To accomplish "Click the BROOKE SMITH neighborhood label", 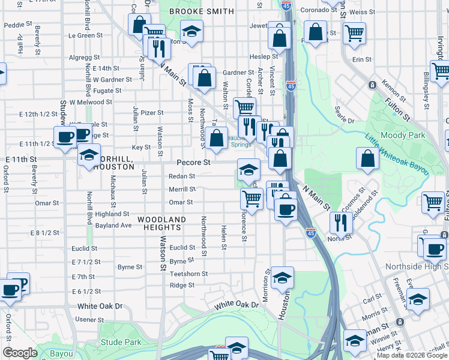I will click(x=201, y=11).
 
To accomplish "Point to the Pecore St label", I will click(x=193, y=163).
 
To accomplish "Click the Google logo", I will click(x=20, y=353).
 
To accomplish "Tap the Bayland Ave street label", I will click(x=113, y=226).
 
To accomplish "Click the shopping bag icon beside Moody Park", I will click(x=367, y=158).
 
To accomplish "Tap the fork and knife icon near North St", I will click(x=341, y=223).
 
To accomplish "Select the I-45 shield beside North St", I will click(x=310, y=232).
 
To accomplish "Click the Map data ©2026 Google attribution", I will click(x=412, y=355).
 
